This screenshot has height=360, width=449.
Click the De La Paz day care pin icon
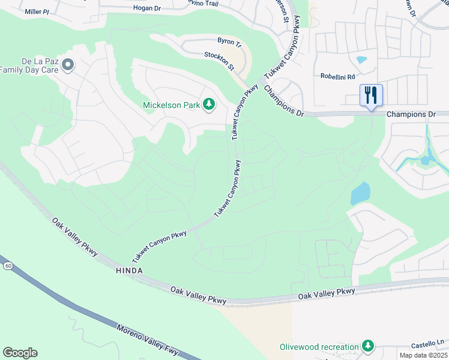[x=68, y=64]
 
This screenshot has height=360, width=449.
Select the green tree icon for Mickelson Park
[x=209, y=105]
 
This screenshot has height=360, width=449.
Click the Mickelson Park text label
[x=171, y=106]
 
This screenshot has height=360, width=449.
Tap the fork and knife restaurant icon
[x=371, y=95]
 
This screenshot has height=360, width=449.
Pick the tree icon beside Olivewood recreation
[x=367, y=346]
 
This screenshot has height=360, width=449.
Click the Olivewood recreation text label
[x=319, y=347]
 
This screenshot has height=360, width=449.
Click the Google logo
[x=20, y=353]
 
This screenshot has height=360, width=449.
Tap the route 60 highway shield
[x=7, y=265]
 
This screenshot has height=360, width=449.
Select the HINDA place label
[x=129, y=271]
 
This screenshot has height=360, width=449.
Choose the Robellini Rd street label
[x=338, y=77]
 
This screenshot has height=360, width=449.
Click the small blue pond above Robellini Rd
[x=361, y=60]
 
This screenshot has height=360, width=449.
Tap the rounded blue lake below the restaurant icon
[x=360, y=194]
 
